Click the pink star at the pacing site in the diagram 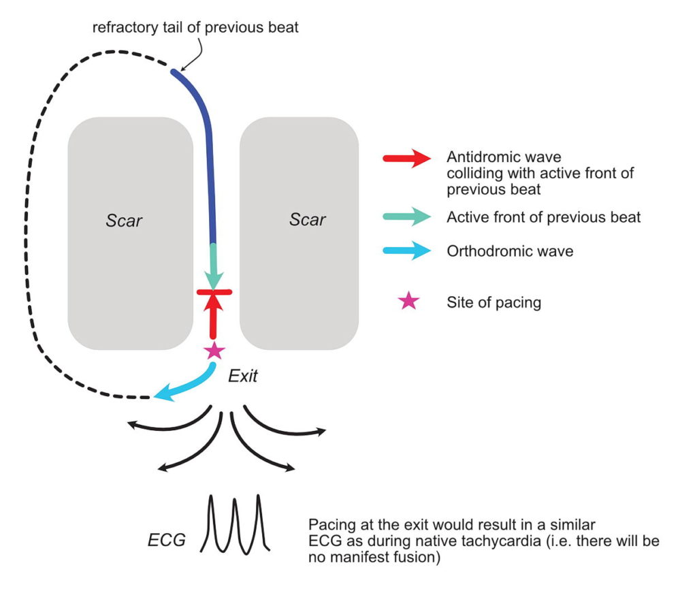[214, 351]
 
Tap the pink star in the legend [408, 301]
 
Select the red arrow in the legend [407, 159]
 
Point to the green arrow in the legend [407, 217]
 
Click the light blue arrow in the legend [407, 251]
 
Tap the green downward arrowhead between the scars [214, 278]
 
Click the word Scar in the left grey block [125, 221]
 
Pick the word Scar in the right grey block [307, 220]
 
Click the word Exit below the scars [242, 375]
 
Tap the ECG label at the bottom [167, 541]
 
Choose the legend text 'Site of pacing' [493, 302]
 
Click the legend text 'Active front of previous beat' [544, 218]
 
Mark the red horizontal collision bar [214, 292]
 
